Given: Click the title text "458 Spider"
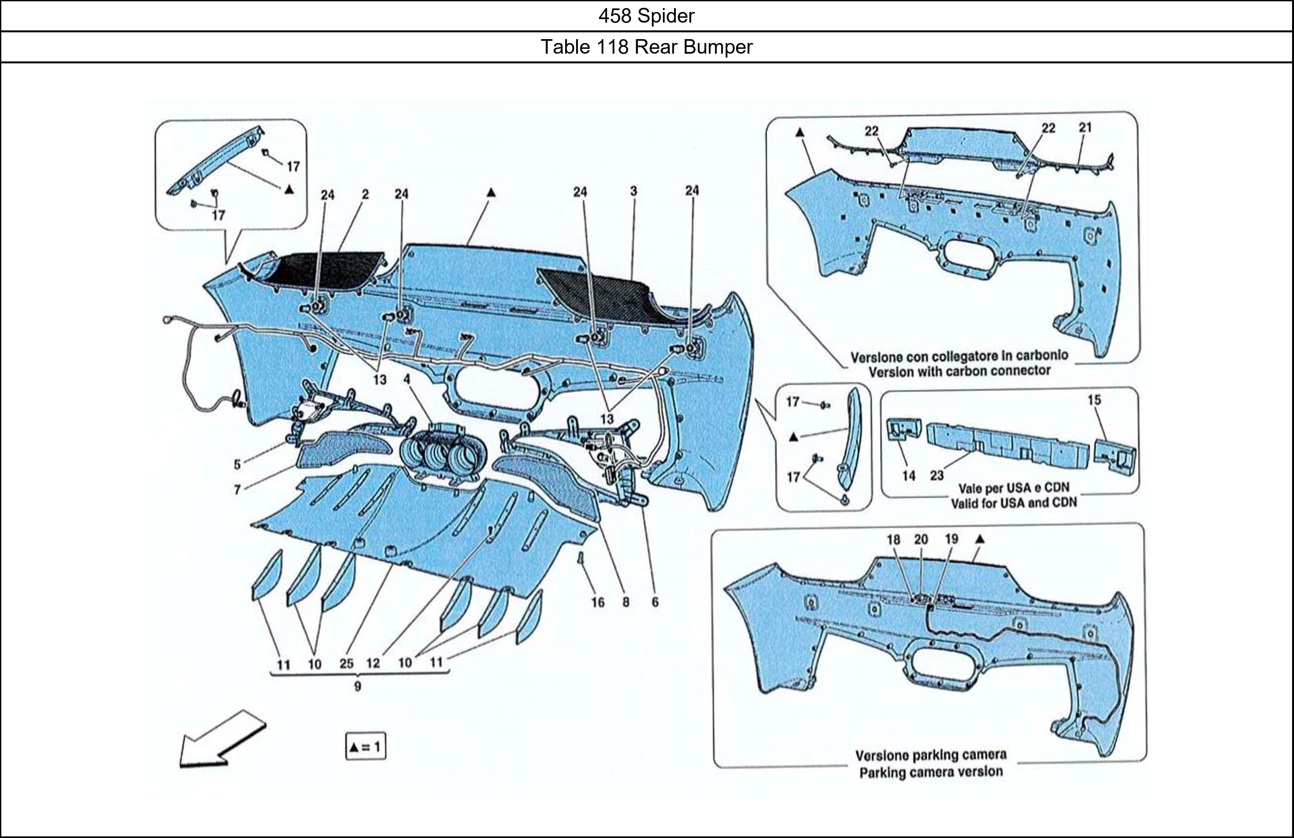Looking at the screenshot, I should pos(646,16).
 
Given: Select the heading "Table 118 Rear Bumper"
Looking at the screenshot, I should pos(646,47).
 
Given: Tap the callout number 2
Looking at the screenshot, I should pos(365,194).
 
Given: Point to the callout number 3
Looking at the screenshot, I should pos(633,191).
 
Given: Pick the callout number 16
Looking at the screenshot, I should pos(598,602).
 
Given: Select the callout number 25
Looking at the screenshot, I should pos(346,663).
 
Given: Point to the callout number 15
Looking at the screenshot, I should pos(1094,400).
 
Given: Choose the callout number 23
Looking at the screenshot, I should pos(936,476).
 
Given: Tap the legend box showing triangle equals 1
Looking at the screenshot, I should pos(365,747).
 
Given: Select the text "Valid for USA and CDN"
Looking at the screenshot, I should pos(1014,503).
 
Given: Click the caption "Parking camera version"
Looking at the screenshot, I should pos(931,772).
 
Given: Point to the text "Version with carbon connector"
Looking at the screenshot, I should pos(959,371).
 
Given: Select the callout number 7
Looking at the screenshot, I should pos(237,490).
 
